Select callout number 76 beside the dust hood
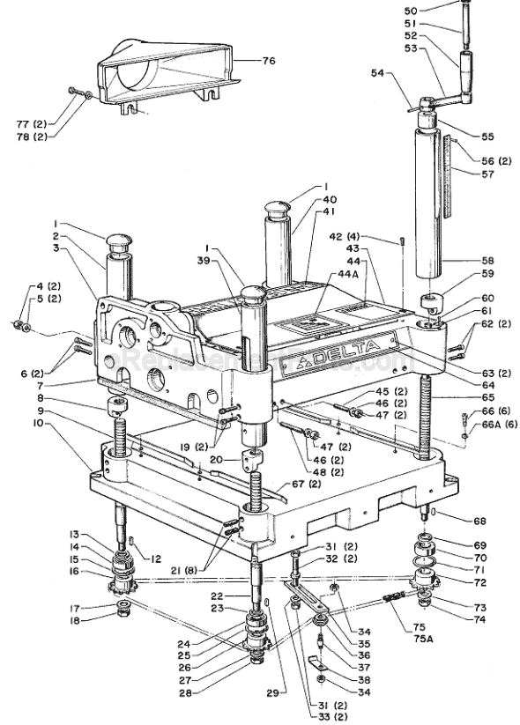269,61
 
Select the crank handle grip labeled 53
463,64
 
